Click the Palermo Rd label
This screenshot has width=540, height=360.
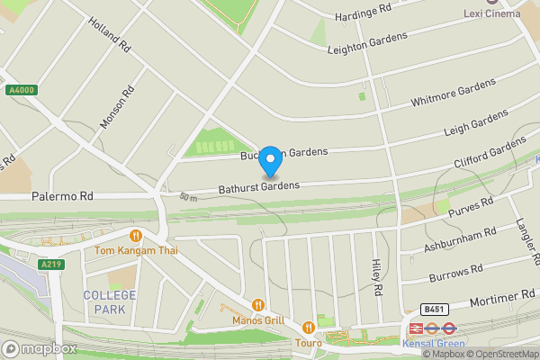(62, 195)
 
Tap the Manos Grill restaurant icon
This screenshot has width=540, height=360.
(258, 305)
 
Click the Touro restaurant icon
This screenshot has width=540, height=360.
(309, 328)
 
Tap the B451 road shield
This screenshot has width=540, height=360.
(435, 309)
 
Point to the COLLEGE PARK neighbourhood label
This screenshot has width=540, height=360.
(110, 302)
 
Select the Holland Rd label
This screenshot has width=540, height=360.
(112, 33)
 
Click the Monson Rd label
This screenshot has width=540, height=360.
(118, 107)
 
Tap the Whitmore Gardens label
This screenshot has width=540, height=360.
(453, 94)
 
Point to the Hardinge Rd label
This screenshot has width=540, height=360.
(363, 12)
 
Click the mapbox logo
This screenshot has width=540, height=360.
(39, 348)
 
